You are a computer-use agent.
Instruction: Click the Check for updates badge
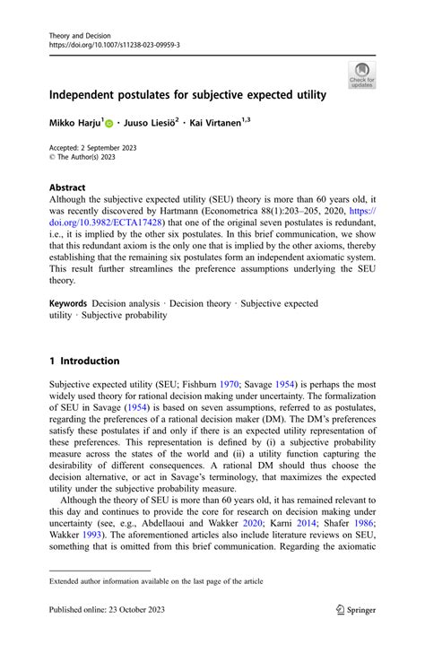(363, 74)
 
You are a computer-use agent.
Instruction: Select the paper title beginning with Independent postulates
(187, 94)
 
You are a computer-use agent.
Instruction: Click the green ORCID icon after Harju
(110, 121)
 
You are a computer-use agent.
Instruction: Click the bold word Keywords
(74, 303)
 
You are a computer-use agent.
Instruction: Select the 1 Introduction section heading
(84, 361)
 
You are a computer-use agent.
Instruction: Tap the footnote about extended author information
(156, 581)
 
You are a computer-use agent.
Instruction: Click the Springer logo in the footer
(355, 608)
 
